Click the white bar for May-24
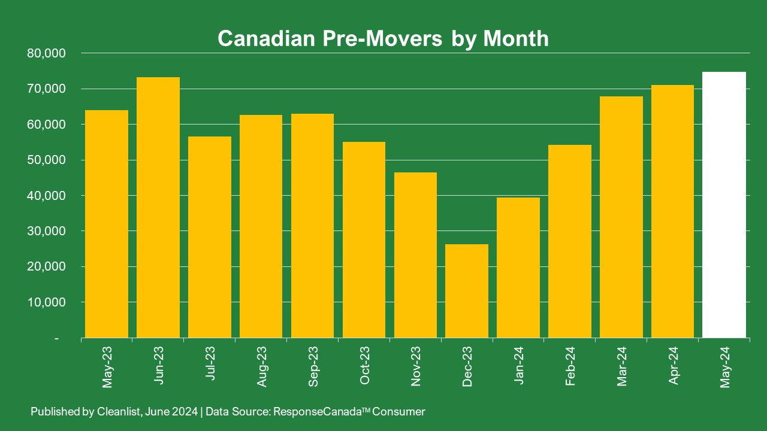[x=724, y=205]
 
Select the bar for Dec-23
[x=467, y=291]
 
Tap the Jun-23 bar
[x=158, y=208]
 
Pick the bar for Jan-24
[x=518, y=268]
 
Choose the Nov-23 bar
[x=415, y=255]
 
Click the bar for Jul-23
[x=210, y=237]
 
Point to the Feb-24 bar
[x=570, y=241]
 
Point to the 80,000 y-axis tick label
[x=46, y=53]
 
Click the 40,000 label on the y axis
[x=46, y=196]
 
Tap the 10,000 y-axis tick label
[x=46, y=302]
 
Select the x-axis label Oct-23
[x=365, y=366]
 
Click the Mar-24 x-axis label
[x=622, y=366]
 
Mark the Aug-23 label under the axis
[x=262, y=366]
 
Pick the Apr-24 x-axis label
[x=674, y=366]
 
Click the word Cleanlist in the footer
[x=113, y=412]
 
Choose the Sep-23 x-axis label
[x=313, y=366]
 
